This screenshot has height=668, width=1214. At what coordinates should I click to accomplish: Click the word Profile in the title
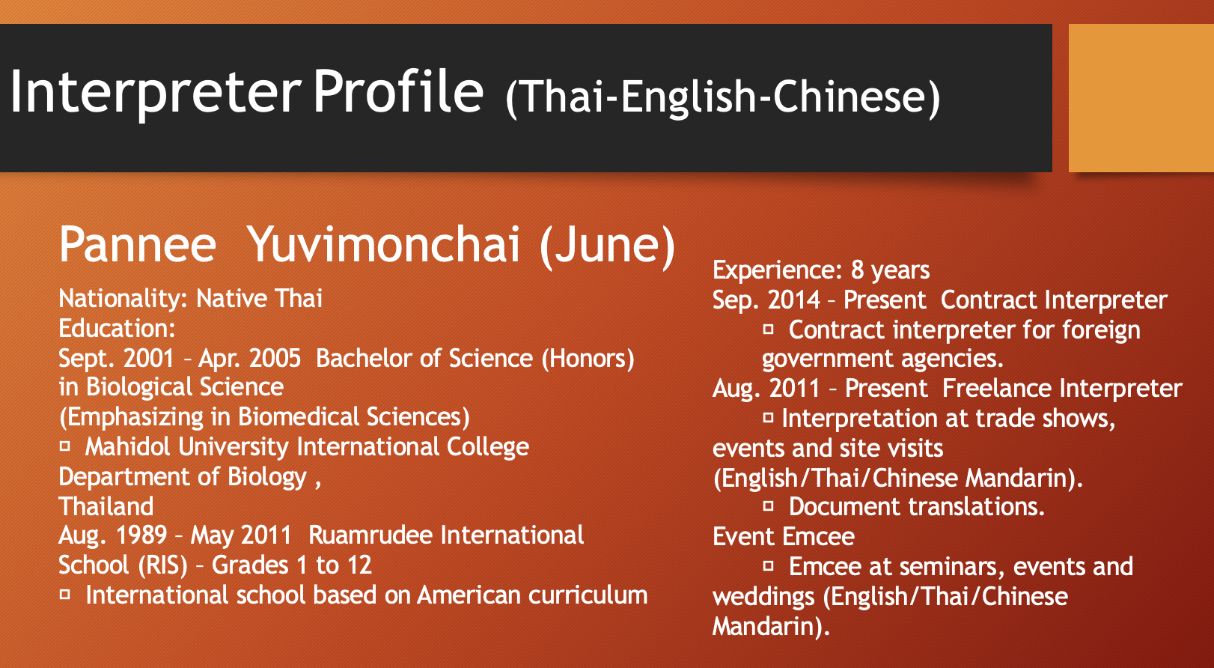coord(398,91)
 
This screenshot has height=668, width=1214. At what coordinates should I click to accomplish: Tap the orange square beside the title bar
coord(1141,98)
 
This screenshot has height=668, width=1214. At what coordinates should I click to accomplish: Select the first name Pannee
coord(138,245)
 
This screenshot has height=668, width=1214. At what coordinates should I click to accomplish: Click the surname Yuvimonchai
coord(384,245)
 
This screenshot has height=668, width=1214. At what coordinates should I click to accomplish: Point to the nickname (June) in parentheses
coord(608,246)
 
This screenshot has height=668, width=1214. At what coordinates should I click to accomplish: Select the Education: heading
coord(117,329)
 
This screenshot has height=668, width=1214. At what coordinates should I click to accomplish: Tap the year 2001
coord(148,359)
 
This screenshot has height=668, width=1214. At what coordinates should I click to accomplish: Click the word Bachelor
coord(364,359)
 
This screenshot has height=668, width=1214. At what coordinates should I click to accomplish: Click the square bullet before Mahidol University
coord(65,447)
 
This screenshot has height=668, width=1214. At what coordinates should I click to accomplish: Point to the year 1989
coord(141,535)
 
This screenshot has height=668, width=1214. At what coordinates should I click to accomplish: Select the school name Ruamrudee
coord(370,535)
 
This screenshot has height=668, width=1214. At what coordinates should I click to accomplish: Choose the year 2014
coord(794,300)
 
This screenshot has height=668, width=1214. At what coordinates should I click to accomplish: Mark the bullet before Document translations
coord(769,506)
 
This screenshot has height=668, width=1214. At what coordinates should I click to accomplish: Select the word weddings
coord(763,597)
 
